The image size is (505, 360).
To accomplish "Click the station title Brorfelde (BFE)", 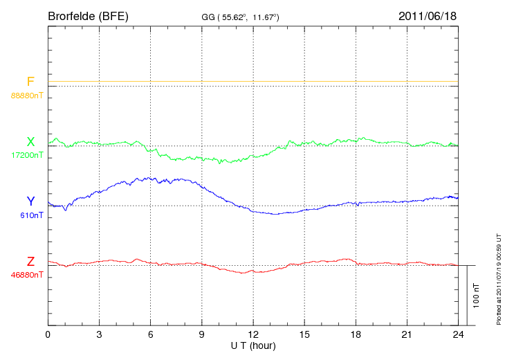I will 89,16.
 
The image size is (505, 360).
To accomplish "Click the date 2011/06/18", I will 428,16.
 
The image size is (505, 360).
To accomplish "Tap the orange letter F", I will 30,82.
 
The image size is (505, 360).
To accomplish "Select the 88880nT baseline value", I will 27,95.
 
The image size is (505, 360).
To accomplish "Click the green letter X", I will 30,142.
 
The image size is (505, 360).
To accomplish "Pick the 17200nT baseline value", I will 27,155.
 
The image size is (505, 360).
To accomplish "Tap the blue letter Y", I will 30,201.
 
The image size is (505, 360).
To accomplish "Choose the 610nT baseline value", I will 32,215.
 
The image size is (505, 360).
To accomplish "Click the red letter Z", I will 30,262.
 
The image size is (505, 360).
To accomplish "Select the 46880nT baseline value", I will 27,275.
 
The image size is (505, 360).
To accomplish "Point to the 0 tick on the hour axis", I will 48,335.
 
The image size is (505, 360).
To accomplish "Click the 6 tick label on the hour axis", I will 150,335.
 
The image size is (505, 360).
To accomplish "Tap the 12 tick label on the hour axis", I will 253,335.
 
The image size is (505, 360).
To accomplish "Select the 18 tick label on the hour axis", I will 356,335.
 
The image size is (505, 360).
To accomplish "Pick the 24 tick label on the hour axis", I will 458,335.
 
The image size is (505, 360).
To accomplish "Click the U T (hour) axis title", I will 253,345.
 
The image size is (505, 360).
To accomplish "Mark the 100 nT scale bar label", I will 477,296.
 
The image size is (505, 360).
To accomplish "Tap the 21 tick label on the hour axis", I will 407,335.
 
